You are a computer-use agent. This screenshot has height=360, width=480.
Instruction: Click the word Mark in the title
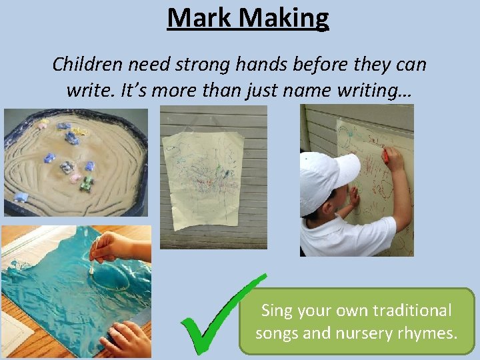tap(197, 18)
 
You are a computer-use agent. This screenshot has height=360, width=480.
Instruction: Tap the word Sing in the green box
tap(277, 311)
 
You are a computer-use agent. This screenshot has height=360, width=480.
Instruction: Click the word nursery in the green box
tap(365, 331)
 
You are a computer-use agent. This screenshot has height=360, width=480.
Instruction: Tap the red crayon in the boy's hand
tap(385, 155)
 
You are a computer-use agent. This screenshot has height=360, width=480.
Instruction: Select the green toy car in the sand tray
tap(87, 184)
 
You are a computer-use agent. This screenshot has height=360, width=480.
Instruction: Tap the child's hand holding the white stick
tap(110, 247)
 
